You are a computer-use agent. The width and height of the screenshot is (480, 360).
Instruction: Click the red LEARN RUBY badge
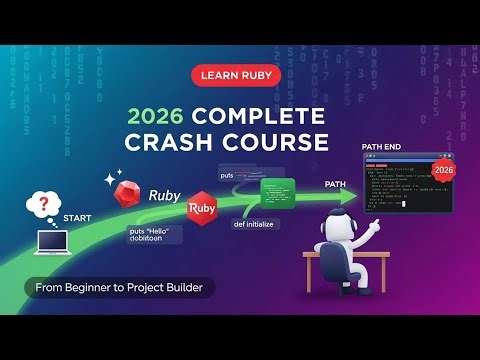(x=239, y=76)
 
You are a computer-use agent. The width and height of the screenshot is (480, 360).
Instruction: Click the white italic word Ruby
(x=165, y=196)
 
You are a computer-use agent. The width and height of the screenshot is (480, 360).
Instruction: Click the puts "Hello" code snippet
(x=153, y=236)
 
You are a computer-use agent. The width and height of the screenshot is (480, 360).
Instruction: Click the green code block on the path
(x=279, y=189)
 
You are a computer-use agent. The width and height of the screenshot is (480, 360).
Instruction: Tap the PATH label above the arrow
(x=336, y=185)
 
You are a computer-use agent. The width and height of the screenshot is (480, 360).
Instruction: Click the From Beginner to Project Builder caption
(x=120, y=289)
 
